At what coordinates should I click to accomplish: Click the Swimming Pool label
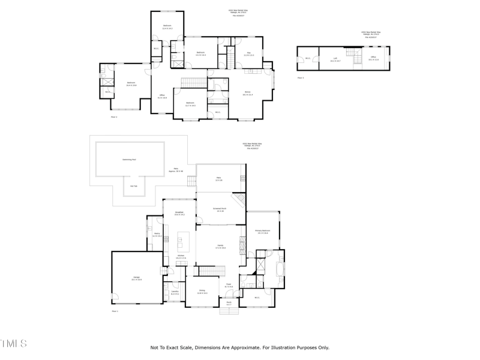tap(126, 160)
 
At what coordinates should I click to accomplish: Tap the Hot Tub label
tap(134, 186)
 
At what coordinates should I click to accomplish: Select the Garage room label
tap(136, 278)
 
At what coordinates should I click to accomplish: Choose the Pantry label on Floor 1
tap(157, 234)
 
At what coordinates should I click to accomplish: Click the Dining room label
tap(202, 291)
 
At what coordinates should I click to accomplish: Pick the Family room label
tap(220, 246)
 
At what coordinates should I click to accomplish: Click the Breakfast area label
tap(179, 213)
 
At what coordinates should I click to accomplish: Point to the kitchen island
tap(183, 242)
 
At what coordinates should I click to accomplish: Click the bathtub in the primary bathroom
tap(280, 268)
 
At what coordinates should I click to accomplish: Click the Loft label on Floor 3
tap(335, 59)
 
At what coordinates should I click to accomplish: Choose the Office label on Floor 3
tap(373, 58)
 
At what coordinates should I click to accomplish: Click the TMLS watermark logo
tap(13, 344)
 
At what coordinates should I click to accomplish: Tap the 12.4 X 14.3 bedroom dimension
tap(167, 28)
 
